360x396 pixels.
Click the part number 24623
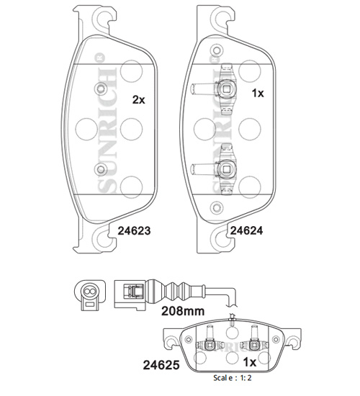click(134, 230)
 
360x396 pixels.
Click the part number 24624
click(246, 230)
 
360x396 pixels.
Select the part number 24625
click(161, 365)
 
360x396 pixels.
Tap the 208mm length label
click(183, 311)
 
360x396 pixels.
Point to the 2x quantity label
click(139, 100)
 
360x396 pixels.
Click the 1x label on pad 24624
click(258, 94)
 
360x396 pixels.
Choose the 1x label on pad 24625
click(249, 362)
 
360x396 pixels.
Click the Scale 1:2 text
click(233, 378)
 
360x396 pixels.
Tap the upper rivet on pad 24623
click(101, 89)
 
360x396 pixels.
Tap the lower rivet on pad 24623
click(101, 169)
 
